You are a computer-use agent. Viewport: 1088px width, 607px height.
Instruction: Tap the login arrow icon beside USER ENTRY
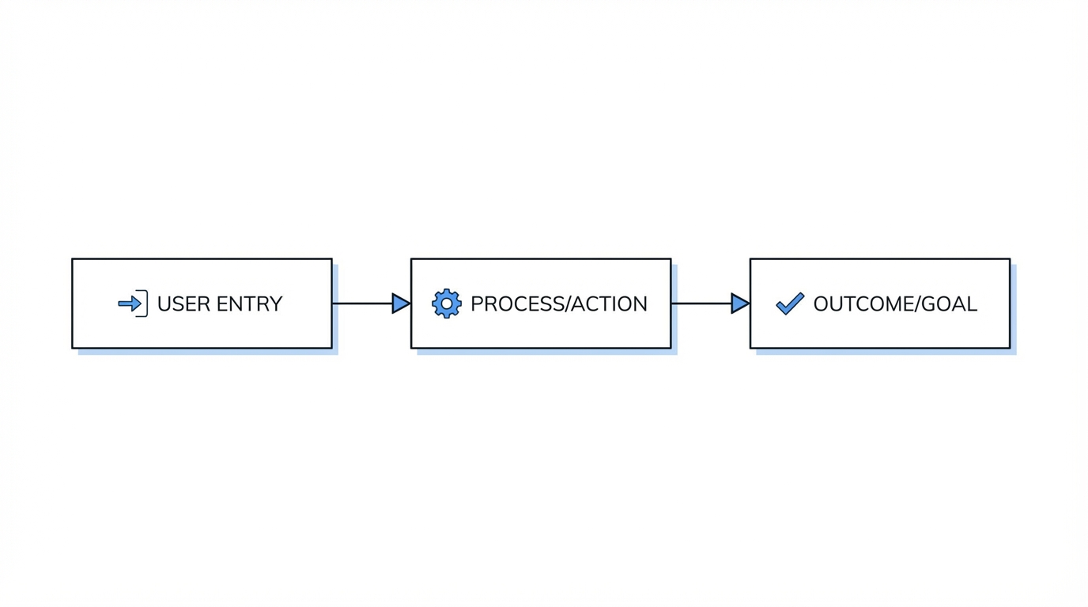click(132, 303)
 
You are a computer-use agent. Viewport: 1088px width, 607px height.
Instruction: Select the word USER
click(181, 304)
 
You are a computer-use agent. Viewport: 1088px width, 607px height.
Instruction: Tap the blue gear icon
click(447, 303)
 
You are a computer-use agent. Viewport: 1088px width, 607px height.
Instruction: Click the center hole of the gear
click(447, 303)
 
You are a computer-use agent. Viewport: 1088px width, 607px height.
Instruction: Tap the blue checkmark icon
click(789, 303)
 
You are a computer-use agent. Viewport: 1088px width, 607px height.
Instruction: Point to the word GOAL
click(953, 304)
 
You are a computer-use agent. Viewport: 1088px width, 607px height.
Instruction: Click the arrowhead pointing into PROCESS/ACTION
click(400, 303)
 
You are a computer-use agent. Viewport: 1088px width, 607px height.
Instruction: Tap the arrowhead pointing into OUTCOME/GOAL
click(739, 303)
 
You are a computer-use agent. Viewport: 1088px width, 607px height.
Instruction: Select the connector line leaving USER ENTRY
click(361, 303)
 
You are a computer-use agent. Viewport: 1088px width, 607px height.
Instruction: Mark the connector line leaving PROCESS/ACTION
click(701, 303)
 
